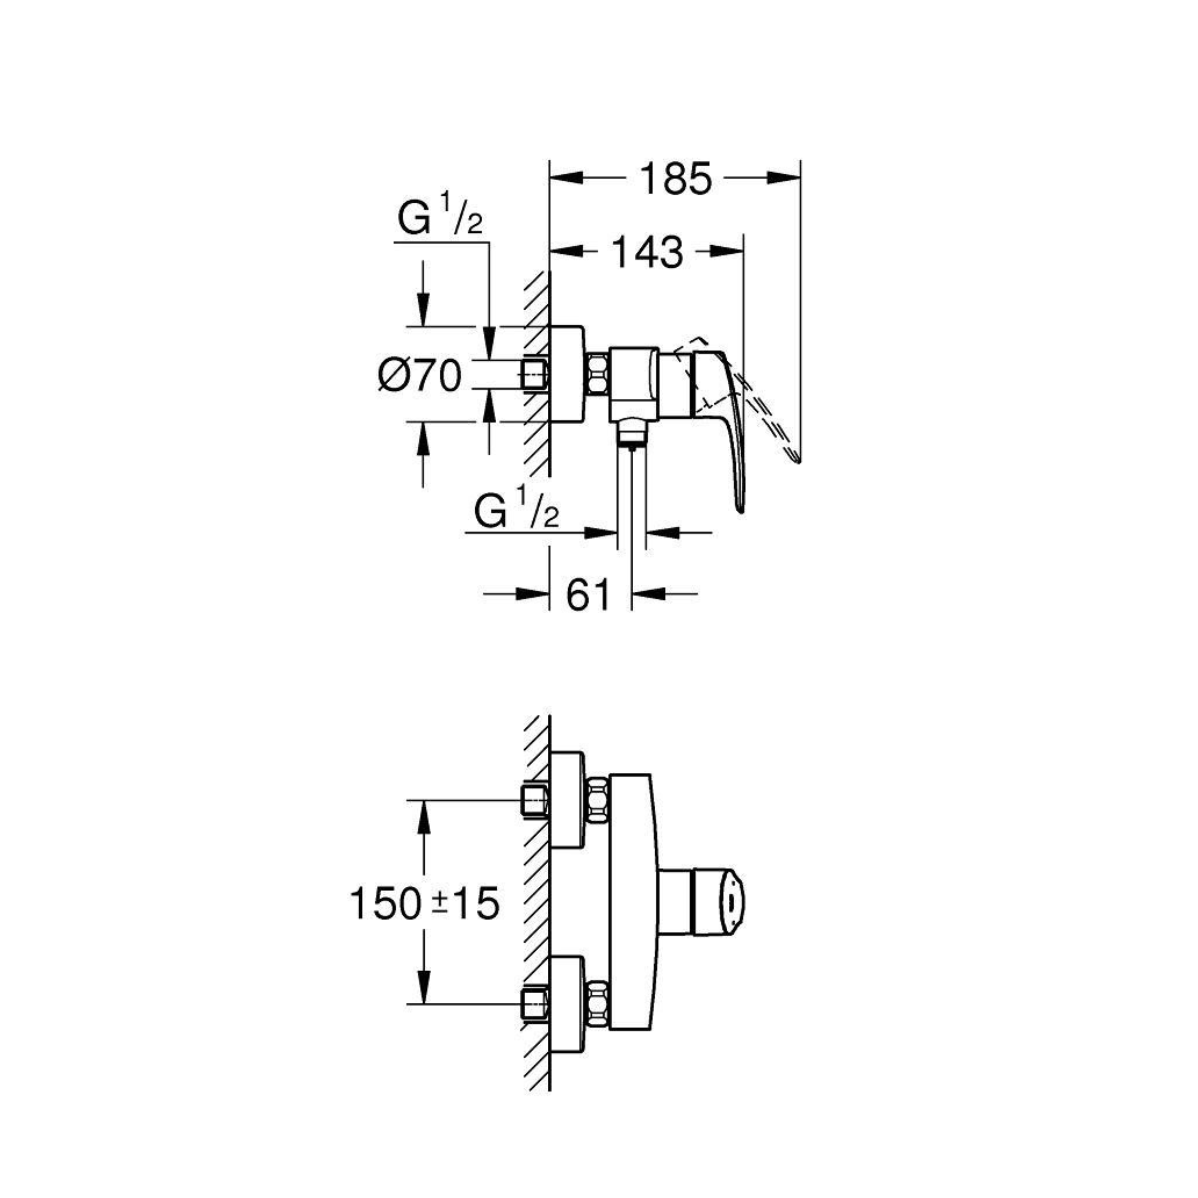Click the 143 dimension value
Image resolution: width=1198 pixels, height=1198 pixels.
click(x=647, y=252)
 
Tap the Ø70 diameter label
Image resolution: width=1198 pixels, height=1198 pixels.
click(x=420, y=375)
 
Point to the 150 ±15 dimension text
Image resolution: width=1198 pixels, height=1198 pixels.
click(x=424, y=903)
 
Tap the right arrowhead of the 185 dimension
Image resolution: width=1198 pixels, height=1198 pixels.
click(x=783, y=178)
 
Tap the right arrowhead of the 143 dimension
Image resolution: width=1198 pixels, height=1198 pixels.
click(x=727, y=251)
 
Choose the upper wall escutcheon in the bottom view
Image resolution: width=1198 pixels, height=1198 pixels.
click(x=567, y=800)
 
